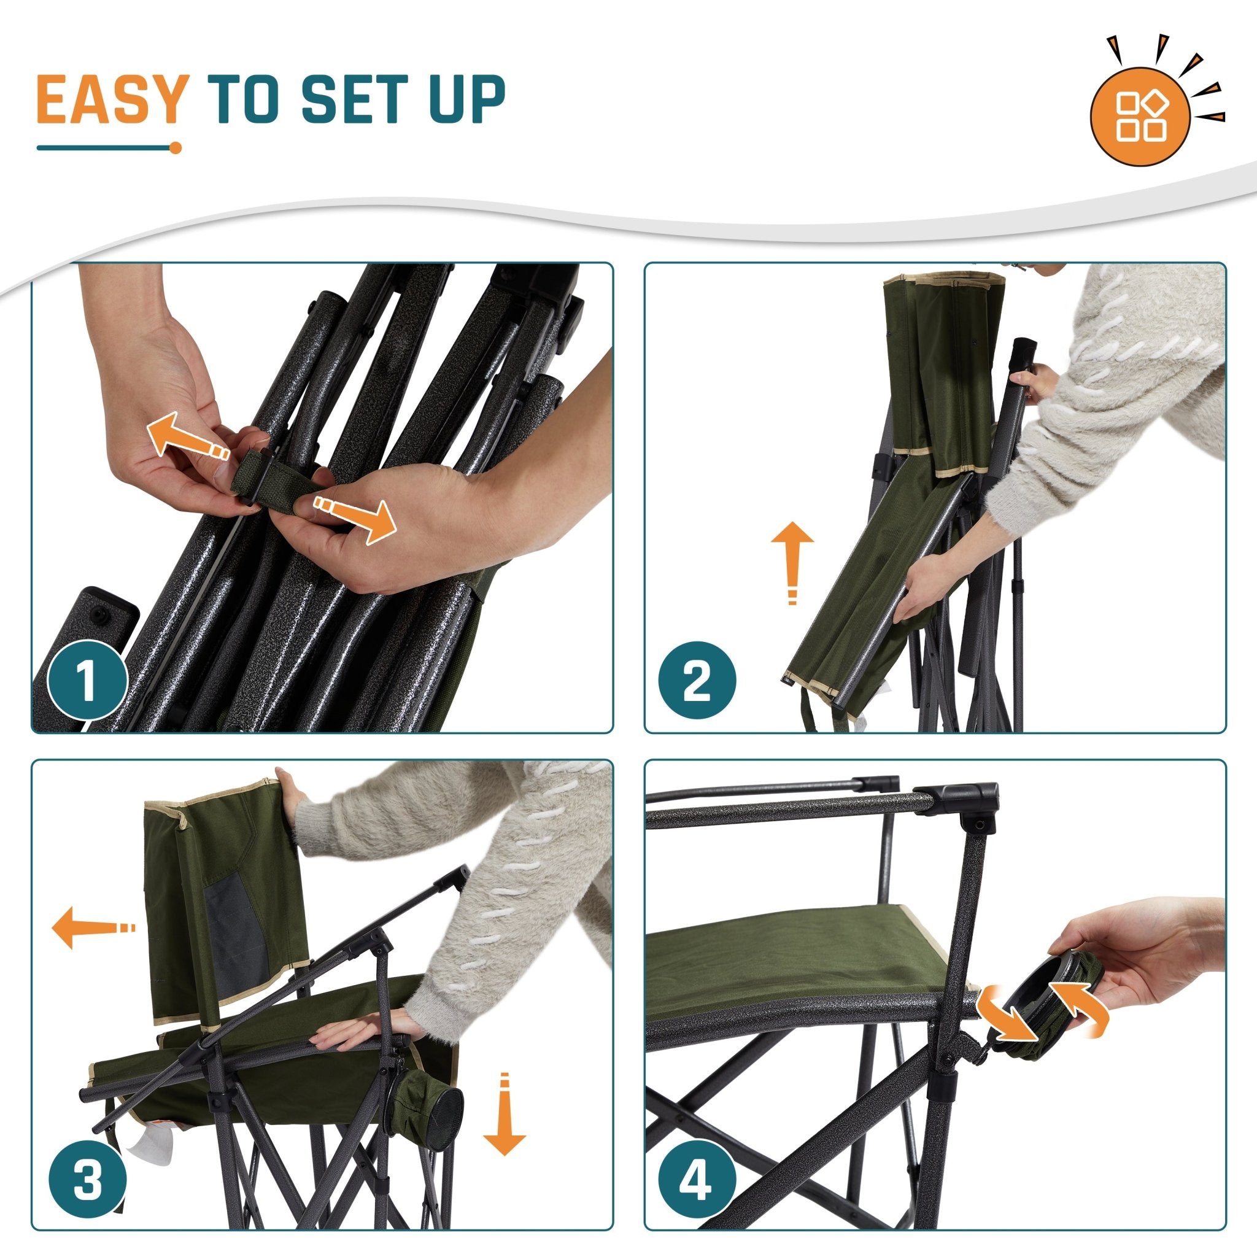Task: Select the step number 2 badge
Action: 697,681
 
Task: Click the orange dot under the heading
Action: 175,148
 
